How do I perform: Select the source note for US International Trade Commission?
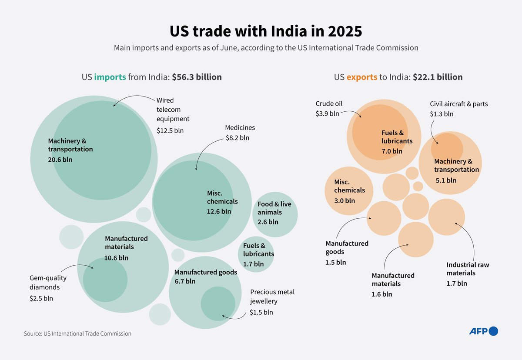point(77,333)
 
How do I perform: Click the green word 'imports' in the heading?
point(110,77)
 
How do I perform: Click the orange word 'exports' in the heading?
point(361,77)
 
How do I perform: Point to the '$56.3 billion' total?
point(197,77)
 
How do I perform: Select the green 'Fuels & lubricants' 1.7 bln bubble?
point(256,254)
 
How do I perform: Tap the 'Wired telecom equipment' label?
point(173,110)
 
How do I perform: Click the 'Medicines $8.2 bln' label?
point(240,133)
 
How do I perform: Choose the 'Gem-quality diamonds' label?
point(44,283)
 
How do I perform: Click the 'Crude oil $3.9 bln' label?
point(329,108)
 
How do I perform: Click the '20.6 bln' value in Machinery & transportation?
point(60,160)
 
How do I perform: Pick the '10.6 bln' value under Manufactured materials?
point(116,257)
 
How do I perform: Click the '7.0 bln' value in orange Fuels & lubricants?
point(391,151)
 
